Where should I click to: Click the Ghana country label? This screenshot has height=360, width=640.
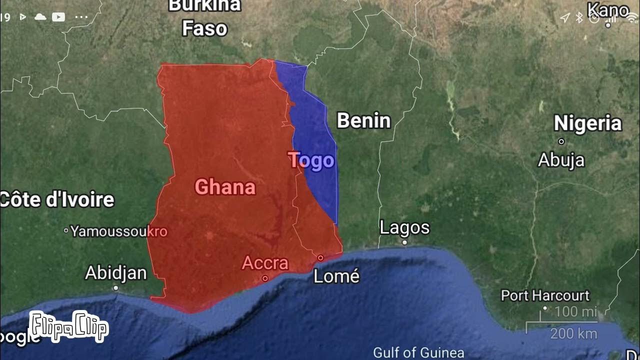click(x=225, y=187)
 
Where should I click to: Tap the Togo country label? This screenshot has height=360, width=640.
click(x=311, y=160)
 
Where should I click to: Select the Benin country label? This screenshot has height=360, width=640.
click(x=363, y=121)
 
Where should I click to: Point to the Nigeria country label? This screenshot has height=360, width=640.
click(x=587, y=123)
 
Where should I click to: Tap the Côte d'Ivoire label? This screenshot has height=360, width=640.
click(x=57, y=199)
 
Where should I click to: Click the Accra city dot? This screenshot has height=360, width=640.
click(x=265, y=278)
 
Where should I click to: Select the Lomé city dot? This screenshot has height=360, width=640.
click(x=320, y=258)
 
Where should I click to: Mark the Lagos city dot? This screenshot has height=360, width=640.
click(x=404, y=242)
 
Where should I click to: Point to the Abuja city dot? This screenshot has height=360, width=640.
click(x=561, y=141)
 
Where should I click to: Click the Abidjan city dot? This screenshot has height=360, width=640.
click(x=116, y=288)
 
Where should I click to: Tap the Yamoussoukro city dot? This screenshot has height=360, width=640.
click(x=66, y=231)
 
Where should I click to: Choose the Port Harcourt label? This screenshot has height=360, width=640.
click(x=545, y=295)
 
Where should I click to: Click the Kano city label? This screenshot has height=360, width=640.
click(x=608, y=10)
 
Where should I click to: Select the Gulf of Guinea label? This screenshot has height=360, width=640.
click(x=418, y=352)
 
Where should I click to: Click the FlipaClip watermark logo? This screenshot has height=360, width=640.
click(x=68, y=326)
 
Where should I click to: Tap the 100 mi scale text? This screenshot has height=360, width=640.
click(x=575, y=312)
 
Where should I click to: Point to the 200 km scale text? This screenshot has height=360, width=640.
click(x=573, y=333)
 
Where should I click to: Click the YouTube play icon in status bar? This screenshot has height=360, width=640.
click(x=58, y=17)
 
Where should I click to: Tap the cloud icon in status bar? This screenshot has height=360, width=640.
click(x=40, y=17)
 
